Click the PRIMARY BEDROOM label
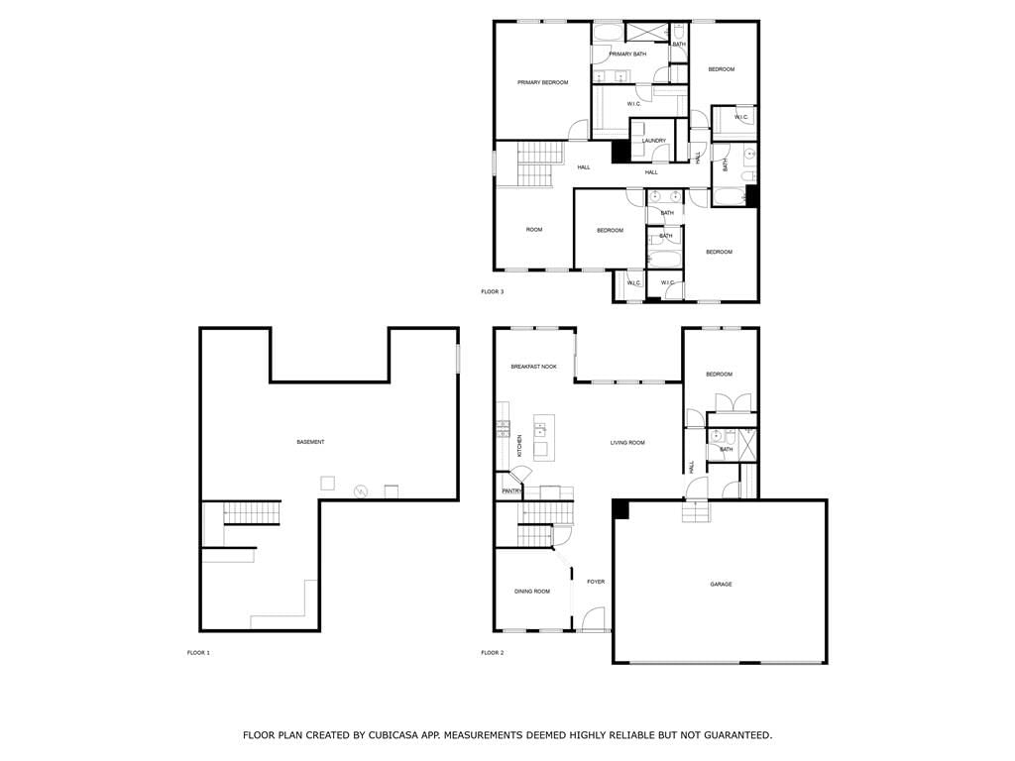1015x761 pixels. click(x=542, y=83)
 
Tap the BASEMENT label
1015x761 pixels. click(x=310, y=442)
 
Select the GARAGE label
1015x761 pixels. click(x=722, y=585)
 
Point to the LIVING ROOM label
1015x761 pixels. click(x=627, y=443)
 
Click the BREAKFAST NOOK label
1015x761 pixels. click(x=533, y=367)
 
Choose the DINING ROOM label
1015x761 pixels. click(x=532, y=592)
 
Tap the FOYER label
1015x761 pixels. click(x=596, y=582)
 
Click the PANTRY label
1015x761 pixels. click(x=511, y=491)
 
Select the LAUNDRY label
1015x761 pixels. click(x=654, y=141)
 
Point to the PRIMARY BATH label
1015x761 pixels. click(x=627, y=54)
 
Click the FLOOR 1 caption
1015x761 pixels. click(x=198, y=653)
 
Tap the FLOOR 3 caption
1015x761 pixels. click(x=492, y=292)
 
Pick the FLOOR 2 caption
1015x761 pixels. click(x=492, y=653)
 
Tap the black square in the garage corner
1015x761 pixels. click(x=620, y=508)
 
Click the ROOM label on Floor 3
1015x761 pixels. click(x=534, y=230)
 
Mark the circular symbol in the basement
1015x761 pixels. click(x=360, y=491)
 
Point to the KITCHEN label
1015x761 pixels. click(x=519, y=446)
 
